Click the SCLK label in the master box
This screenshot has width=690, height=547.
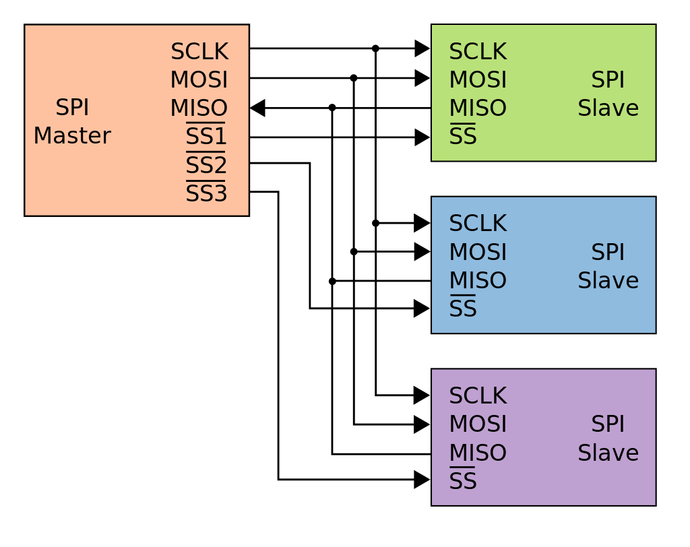point(199,52)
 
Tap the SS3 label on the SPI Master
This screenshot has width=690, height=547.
point(206,194)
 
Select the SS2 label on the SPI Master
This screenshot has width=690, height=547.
point(206,166)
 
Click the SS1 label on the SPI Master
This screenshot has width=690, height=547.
point(206,137)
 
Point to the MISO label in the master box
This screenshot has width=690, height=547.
point(199,108)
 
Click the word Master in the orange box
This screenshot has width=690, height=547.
point(72,136)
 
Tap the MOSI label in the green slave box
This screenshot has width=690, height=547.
point(478,80)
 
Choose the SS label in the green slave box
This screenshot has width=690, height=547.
point(463,137)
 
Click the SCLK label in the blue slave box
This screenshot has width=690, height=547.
point(478,224)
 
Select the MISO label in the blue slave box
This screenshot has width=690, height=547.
point(478,280)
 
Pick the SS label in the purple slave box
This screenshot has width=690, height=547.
point(463,481)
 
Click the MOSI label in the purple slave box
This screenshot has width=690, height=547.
point(478,424)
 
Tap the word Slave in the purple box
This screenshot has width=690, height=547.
point(608,453)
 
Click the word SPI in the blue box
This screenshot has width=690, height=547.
point(608,253)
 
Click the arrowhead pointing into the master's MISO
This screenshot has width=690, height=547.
point(257,108)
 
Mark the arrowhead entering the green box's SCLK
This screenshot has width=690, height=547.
point(422,49)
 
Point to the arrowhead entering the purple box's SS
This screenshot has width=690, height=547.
point(422,480)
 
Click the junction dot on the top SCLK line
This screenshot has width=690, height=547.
point(375,49)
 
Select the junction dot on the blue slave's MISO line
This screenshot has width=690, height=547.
point(332,281)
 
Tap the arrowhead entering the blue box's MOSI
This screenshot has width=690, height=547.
point(422,252)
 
